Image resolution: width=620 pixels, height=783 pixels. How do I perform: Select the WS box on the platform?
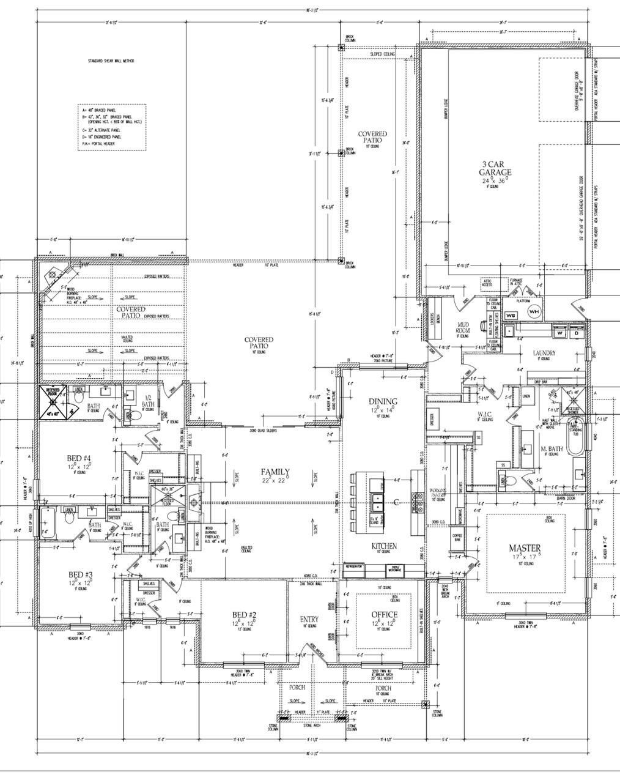point(512,315)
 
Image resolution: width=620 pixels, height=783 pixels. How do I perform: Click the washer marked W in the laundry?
point(560,333)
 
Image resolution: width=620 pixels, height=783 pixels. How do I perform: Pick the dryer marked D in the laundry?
point(576,333)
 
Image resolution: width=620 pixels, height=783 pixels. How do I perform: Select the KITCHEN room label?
point(384,546)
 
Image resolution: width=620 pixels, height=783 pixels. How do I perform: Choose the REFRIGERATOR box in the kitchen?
point(354,567)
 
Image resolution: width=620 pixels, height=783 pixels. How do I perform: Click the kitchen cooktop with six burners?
point(418,502)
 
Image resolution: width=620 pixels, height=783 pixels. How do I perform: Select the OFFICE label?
point(384,614)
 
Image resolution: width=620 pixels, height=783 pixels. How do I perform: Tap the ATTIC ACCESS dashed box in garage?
point(487,284)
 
